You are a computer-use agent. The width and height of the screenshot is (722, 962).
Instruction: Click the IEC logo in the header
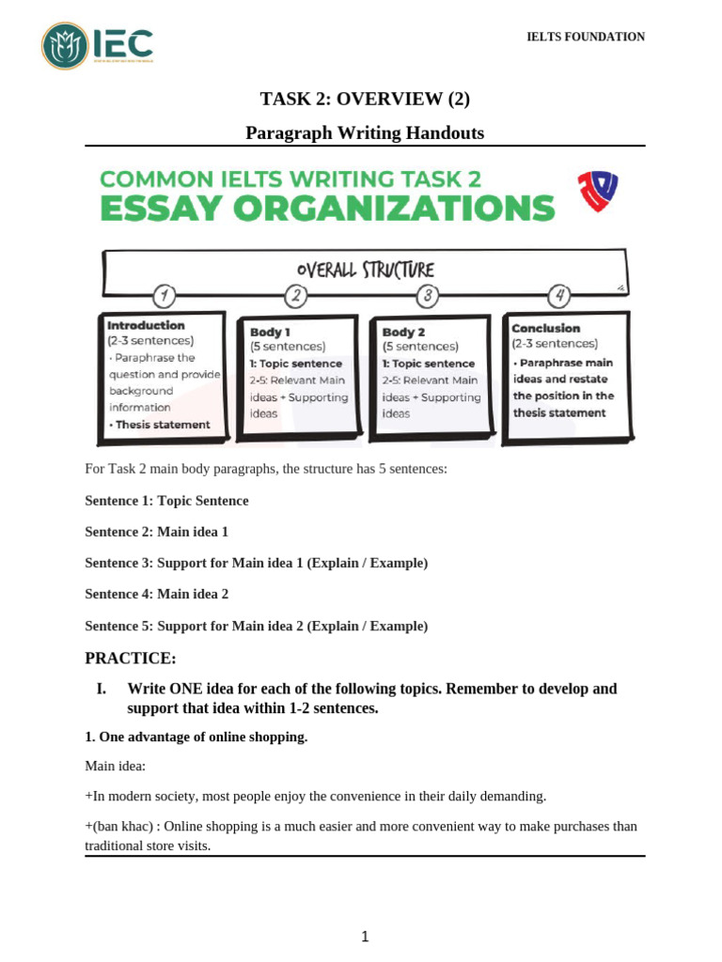[x=98, y=45]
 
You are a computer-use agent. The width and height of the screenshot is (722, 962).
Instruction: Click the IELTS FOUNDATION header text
[x=585, y=37]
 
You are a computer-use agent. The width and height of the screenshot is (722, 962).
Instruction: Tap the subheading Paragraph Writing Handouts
[x=365, y=133]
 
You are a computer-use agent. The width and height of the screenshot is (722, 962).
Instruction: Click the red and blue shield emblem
[x=597, y=191]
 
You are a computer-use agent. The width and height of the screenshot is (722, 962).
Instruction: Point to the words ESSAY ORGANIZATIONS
[x=327, y=208]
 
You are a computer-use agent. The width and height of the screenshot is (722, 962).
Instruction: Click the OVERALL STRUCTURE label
[x=366, y=271]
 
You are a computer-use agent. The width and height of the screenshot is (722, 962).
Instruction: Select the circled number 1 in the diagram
[x=165, y=296]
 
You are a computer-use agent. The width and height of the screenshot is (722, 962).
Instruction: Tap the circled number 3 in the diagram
[x=428, y=297]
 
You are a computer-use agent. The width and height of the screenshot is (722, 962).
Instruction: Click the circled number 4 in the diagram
[x=559, y=297]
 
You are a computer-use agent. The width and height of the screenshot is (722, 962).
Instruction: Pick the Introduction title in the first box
[x=146, y=325]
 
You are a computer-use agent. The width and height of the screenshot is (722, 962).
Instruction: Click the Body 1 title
[x=270, y=332]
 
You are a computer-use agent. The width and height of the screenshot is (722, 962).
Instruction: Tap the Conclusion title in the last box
[x=545, y=328]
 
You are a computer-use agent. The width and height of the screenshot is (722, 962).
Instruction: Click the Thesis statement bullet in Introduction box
[x=161, y=425]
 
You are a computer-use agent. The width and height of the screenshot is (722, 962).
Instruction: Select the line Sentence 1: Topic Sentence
[x=166, y=501]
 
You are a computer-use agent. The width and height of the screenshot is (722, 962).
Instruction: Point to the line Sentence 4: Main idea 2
[x=156, y=594]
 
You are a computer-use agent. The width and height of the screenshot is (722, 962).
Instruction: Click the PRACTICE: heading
[x=131, y=658]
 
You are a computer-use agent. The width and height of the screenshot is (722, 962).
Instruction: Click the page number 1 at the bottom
[x=365, y=936]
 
